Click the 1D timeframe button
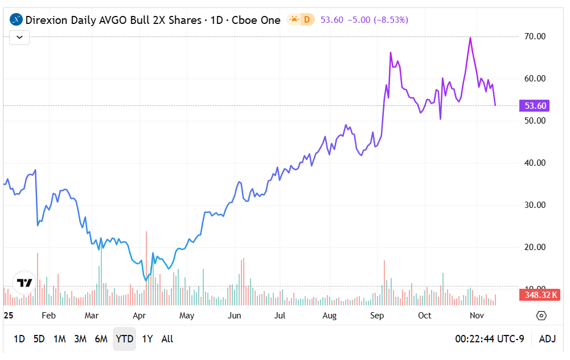click(x=19, y=339)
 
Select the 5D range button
click(x=39, y=339)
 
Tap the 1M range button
click(x=59, y=339)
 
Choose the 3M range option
click(x=80, y=339)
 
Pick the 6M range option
click(x=101, y=339)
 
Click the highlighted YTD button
click(x=124, y=339)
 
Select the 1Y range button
click(x=147, y=339)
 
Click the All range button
click(x=167, y=339)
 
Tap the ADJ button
click(x=547, y=339)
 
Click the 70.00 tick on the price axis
click(x=535, y=36)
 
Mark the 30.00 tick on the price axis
click(x=535, y=205)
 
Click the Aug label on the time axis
click(x=329, y=316)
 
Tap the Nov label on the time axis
click(x=477, y=316)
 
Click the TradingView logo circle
click(x=24, y=283)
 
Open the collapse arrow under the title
click(x=19, y=38)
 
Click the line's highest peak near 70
click(x=470, y=38)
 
